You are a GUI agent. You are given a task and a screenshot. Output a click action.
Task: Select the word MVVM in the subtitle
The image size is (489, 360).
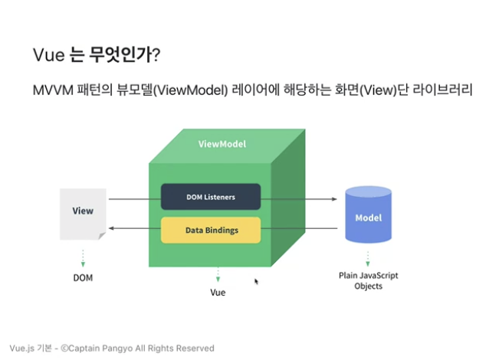[x=51, y=91]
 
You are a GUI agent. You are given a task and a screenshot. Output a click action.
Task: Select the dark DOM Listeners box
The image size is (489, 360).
[x=210, y=197]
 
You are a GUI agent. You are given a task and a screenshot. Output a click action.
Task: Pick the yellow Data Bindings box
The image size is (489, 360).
[x=211, y=230]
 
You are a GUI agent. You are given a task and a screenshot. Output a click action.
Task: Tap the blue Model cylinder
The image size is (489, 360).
[x=368, y=217]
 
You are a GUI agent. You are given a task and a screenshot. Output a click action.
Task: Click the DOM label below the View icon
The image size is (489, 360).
[x=83, y=277]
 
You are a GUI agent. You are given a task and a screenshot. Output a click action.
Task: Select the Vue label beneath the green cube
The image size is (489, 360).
[x=218, y=293]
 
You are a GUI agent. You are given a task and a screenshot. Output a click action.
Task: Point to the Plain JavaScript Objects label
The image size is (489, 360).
[x=368, y=280]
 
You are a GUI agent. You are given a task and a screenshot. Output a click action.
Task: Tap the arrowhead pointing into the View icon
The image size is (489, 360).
[x=112, y=228]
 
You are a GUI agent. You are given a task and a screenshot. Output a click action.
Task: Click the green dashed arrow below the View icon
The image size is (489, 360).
[x=83, y=257]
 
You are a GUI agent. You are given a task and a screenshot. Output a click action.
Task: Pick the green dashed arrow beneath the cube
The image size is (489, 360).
[x=218, y=273]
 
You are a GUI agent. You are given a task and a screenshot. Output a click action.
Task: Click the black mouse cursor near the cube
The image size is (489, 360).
[x=257, y=282]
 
